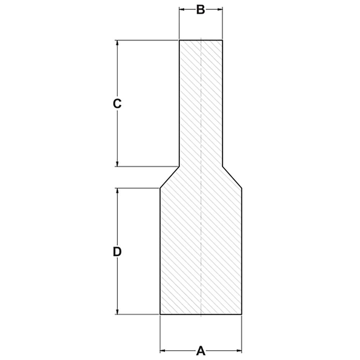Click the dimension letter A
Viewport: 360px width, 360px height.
pos(201,350)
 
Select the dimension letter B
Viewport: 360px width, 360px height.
pos(201,10)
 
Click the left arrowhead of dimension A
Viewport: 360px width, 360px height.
pos(162,350)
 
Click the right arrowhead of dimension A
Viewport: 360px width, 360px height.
pos(239,350)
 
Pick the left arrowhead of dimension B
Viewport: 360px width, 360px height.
pos(182,10)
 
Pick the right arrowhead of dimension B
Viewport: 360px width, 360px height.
pos(220,10)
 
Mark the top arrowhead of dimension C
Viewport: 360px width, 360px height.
pos(117,42)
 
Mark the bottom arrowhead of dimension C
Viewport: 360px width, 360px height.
pos(117,164)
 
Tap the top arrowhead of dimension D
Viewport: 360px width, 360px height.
pos(117,190)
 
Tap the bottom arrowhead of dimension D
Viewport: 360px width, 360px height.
pos(117,312)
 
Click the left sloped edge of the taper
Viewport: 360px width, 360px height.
pos(170,177)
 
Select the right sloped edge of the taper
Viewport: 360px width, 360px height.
pos(232,177)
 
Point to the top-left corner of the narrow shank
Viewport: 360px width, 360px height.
pos(180,40)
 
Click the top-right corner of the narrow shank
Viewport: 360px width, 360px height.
pos(222,40)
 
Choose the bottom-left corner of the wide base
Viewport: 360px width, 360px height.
pos(160,314)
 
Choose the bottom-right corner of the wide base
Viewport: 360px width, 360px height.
pos(241,314)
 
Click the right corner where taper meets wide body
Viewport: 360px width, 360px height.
pos(241,188)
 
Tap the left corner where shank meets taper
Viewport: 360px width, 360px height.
pos(179,166)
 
